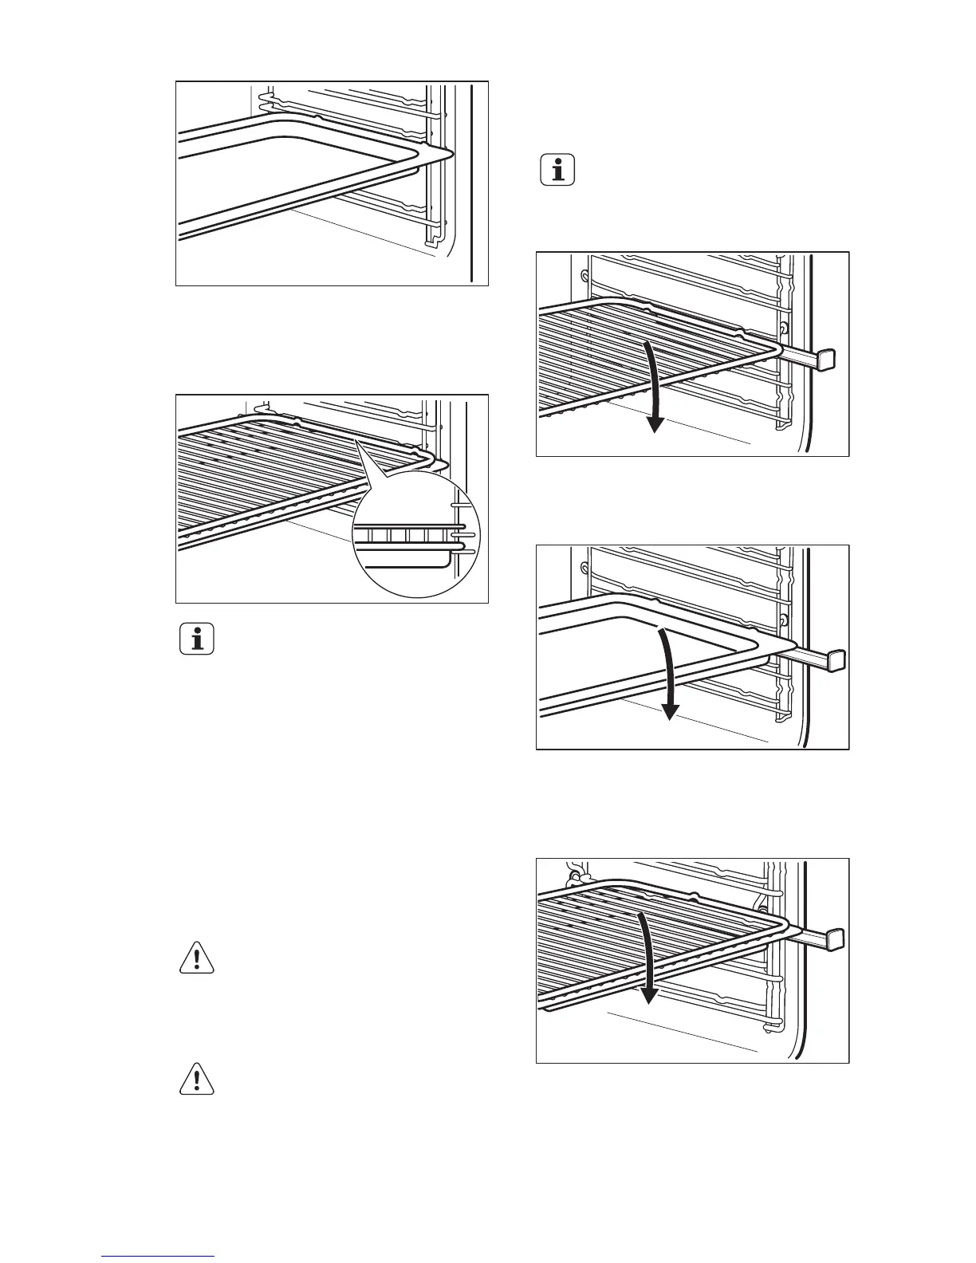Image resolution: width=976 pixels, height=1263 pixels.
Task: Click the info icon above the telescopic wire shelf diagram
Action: (x=557, y=170)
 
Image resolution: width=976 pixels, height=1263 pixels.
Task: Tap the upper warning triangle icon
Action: (x=196, y=958)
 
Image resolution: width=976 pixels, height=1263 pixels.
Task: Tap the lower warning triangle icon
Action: (x=196, y=1080)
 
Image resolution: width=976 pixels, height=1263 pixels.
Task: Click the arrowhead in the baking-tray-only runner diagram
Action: (x=672, y=711)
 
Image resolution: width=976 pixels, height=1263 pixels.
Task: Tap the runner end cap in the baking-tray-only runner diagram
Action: (x=836, y=660)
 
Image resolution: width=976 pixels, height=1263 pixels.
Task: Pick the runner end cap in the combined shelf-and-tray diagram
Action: (x=833, y=938)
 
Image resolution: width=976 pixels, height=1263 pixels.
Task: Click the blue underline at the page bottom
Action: (x=158, y=1256)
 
